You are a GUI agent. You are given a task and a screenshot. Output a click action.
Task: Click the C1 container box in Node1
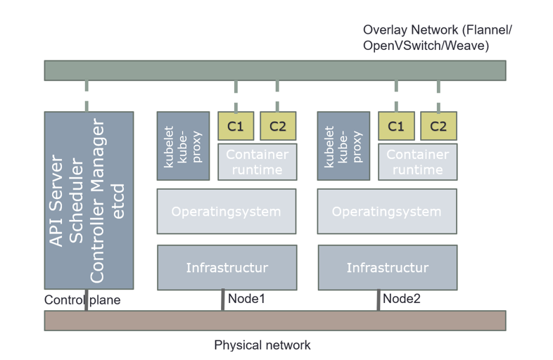coord(236,127)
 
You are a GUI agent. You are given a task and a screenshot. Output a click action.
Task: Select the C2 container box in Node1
coord(278,127)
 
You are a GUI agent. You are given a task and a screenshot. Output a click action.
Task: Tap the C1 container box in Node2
coord(396,127)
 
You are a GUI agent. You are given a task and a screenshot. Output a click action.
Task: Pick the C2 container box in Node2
coord(438,127)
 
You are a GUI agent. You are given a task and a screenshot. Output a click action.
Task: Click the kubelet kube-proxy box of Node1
coord(183,146)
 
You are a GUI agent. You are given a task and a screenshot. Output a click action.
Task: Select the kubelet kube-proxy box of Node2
coord(343,146)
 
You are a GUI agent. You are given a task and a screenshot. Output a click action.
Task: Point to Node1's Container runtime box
coord(257,162)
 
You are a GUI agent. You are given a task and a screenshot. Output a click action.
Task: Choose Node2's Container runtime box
coord(417,162)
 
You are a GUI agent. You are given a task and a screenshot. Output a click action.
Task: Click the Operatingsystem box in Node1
coord(226,211)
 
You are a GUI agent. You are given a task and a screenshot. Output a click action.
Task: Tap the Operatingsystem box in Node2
coord(386,211)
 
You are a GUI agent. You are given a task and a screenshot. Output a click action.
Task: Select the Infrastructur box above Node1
coord(226,267)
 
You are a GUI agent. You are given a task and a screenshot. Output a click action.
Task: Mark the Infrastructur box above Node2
coord(386,267)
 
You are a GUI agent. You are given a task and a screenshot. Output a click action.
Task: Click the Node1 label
coord(246,299)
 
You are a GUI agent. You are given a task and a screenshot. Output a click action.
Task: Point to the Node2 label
coord(402,299)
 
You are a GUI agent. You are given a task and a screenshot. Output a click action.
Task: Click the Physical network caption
coord(262,345)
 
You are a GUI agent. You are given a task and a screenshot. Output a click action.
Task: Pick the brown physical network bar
coord(274,320)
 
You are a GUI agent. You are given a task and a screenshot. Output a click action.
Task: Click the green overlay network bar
coord(274,70)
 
